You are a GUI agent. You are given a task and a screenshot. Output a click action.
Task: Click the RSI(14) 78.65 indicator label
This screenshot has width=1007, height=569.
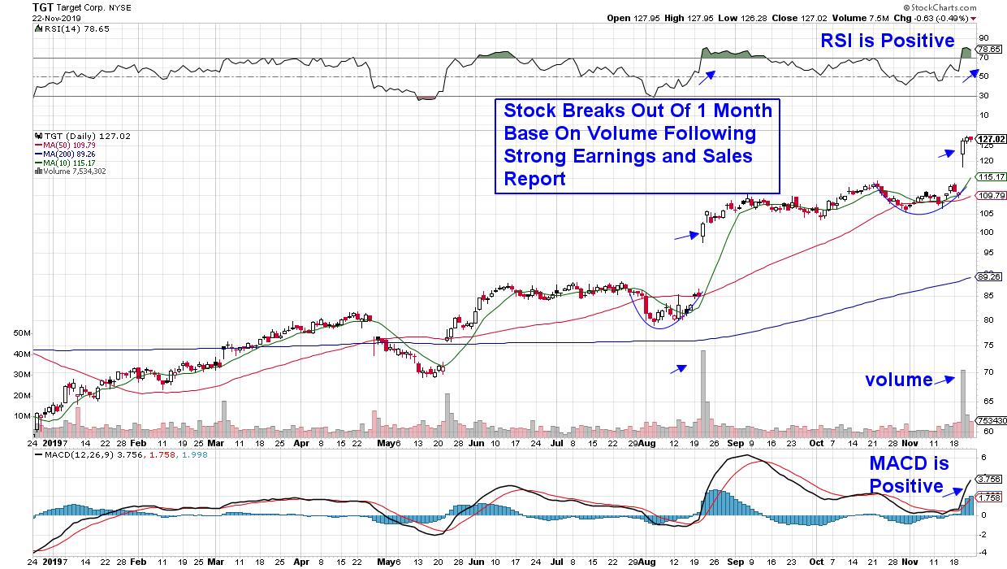(61, 28)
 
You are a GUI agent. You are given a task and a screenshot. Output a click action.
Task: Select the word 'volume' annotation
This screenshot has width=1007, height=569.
(898, 380)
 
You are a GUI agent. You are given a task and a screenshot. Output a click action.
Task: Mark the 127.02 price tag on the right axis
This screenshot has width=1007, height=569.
(991, 139)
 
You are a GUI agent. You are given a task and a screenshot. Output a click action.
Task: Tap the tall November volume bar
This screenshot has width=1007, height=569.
(963, 398)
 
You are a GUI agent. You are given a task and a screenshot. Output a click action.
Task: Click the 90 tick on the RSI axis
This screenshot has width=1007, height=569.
(983, 37)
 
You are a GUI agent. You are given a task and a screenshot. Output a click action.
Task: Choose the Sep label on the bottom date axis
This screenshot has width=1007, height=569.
(733, 445)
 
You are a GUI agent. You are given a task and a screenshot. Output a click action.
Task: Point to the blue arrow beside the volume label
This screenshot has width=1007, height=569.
(944, 378)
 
